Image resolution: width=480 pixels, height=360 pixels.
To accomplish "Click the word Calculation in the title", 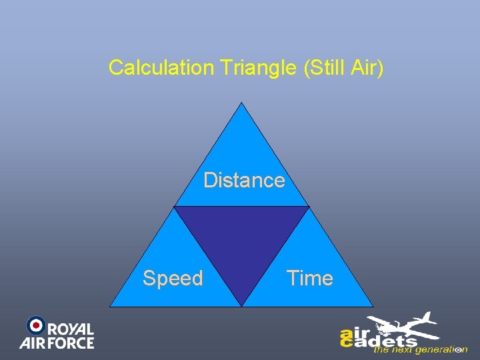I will click(x=160, y=67).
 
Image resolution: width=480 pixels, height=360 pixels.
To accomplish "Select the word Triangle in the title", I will click(x=257, y=67).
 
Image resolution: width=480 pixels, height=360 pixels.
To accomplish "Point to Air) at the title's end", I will click(x=369, y=67).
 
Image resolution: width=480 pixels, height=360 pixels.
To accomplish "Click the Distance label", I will click(x=244, y=180).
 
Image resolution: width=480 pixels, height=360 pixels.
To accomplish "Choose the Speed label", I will click(x=173, y=278).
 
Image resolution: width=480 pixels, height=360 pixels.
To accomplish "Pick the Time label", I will click(x=309, y=278).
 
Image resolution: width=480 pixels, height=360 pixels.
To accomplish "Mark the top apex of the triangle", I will click(x=241, y=103).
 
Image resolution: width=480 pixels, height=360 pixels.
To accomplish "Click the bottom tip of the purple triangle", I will click(x=241, y=305).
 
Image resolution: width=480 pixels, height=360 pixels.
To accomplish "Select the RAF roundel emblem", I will click(x=35, y=325).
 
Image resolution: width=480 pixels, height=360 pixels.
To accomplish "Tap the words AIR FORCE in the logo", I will click(x=57, y=343).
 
